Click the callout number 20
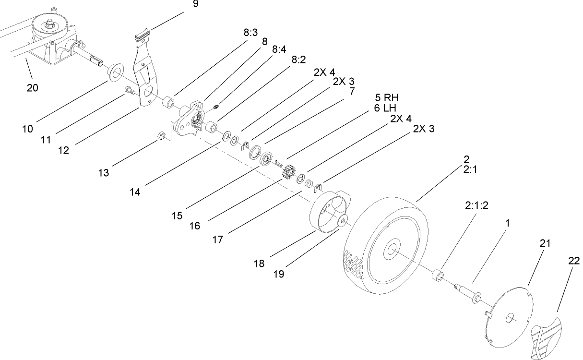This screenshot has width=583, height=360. (33, 87)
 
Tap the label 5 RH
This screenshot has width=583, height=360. (387, 98)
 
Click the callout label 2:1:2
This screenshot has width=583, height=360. (477, 205)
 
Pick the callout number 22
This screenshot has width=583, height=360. (573, 261)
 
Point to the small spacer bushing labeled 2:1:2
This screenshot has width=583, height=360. (437, 277)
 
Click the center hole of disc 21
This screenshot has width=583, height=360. (511, 317)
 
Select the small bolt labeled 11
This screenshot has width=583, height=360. (129, 89)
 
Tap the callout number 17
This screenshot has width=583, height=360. (217, 239)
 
